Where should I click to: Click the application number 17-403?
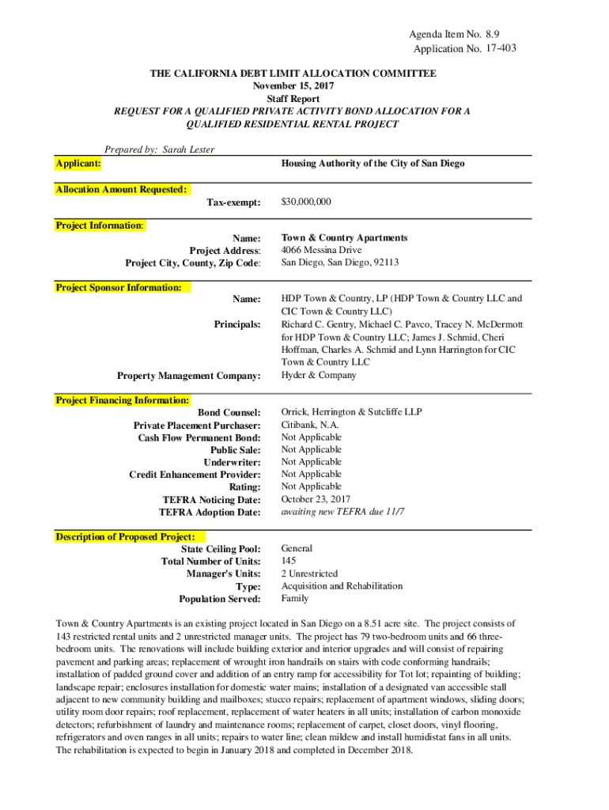pyautogui.click(x=499, y=49)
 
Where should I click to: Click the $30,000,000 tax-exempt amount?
pyautogui.click(x=306, y=202)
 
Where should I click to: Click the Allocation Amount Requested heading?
pyautogui.click(x=122, y=190)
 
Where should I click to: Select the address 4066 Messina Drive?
pyautogui.click(x=321, y=250)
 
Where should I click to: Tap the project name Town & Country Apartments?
pyautogui.click(x=344, y=237)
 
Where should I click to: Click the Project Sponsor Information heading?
pyautogui.click(x=119, y=288)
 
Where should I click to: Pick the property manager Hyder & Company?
pyautogui.click(x=318, y=375)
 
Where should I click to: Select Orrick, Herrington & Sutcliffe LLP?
pyautogui.click(x=351, y=412)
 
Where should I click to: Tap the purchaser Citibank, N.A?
pyautogui.click(x=310, y=425)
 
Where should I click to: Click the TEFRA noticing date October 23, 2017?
pyautogui.click(x=316, y=499)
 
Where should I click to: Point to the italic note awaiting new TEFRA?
pyautogui.click(x=342, y=512)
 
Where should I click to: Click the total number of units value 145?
pyautogui.click(x=289, y=561)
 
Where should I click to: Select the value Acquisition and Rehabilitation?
pyautogui.click(x=342, y=586)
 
